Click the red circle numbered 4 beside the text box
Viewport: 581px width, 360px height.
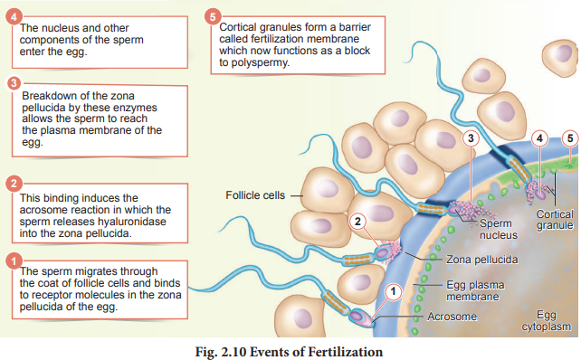(14, 17)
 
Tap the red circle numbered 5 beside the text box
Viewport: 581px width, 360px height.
(213, 17)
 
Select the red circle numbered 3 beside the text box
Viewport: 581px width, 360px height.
(14, 83)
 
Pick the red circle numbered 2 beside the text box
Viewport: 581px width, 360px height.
(14, 184)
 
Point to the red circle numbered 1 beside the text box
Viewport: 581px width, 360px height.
(14, 261)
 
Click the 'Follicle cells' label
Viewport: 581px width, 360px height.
(255, 195)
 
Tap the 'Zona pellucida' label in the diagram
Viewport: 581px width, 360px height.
(481, 260)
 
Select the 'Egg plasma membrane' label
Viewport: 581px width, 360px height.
(475, 290)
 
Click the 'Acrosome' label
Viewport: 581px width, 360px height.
(452, 317)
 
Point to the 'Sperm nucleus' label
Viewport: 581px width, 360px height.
(498, 229)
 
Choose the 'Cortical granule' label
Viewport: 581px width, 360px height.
(555, 220)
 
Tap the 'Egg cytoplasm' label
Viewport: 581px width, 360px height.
(547, 321)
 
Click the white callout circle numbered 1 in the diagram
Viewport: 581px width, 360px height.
(393, 291)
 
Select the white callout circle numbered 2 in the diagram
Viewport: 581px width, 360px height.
(357, 222)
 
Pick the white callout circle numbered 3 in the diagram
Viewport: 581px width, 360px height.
(471, 138)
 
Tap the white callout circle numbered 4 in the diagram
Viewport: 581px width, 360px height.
(539, 138)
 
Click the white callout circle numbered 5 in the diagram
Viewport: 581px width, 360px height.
(570, 138)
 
